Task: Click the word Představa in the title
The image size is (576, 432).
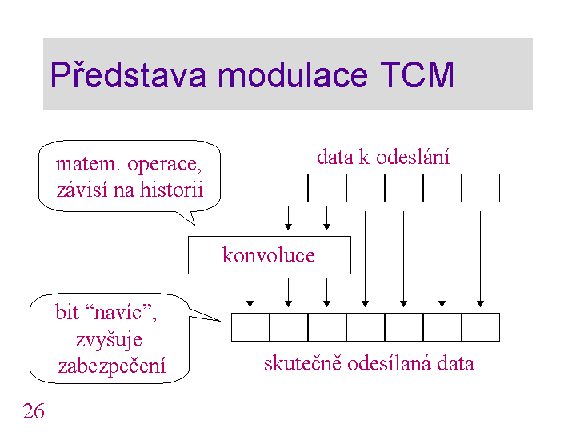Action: (x=128, y=75)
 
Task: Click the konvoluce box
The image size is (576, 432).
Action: (x=269, y=255)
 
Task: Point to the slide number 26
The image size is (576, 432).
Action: (x=34, y=412)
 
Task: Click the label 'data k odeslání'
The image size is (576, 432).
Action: (x=383, y=157)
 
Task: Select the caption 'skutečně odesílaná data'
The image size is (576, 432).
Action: (x=369, y=364)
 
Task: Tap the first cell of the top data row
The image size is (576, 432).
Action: (x=289, y=188)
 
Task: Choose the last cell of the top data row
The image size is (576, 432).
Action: (x=481, y=188)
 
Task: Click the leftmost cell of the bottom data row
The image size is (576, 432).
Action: (x=250, y=327)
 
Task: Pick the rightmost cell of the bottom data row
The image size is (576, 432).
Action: (x=481, y=327)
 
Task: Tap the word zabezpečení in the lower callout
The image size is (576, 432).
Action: (x=112, y=366)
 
